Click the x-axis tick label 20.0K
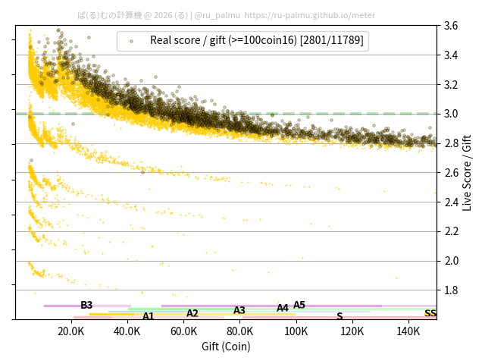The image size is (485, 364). pos(71,331)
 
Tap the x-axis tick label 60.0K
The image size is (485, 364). pos(183,331)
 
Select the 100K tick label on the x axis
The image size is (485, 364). pos(296,331)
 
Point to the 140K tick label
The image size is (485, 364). pos(408,331)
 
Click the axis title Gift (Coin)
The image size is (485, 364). pos(226,347)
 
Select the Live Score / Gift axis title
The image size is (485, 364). pos(468,172)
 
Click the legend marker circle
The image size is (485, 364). pos(131,41)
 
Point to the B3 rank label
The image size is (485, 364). pos(86,306)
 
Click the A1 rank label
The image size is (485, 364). pos(149,316)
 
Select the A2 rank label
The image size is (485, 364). pos(192,313)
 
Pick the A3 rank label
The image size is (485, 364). pos(239,310)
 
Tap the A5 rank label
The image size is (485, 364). pos(299,306)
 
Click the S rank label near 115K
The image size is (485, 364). pos(339,316)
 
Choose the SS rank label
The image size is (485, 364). pos(430,313)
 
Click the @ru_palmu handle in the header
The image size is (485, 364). pos(218,15)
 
